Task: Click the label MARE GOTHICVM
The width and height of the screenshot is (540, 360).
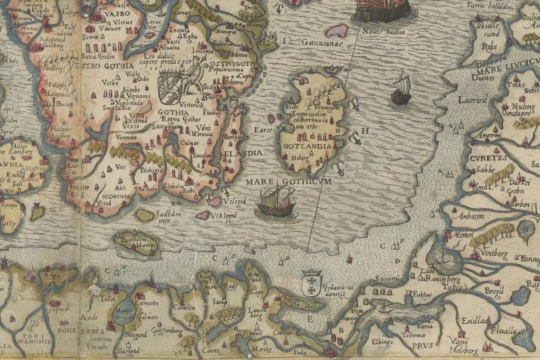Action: point(289,182)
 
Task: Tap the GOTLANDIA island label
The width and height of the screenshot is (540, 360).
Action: point(308,146)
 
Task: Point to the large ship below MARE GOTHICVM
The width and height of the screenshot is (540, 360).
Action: point(277,202)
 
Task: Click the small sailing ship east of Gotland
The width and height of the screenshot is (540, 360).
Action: point(401,88)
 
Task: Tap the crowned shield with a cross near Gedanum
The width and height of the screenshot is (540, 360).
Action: point(312,283)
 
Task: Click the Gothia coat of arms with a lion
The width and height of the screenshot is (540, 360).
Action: point(170,87)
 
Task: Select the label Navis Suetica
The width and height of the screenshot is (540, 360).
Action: point(383,32)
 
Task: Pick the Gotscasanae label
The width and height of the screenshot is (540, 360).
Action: point(321,43)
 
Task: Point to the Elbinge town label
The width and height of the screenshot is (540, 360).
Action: point(383,341)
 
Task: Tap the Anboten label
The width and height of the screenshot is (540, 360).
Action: point(465,213)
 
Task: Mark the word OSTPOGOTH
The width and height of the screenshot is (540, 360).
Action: point(232,64)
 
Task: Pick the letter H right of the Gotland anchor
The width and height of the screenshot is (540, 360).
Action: point(365,131)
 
